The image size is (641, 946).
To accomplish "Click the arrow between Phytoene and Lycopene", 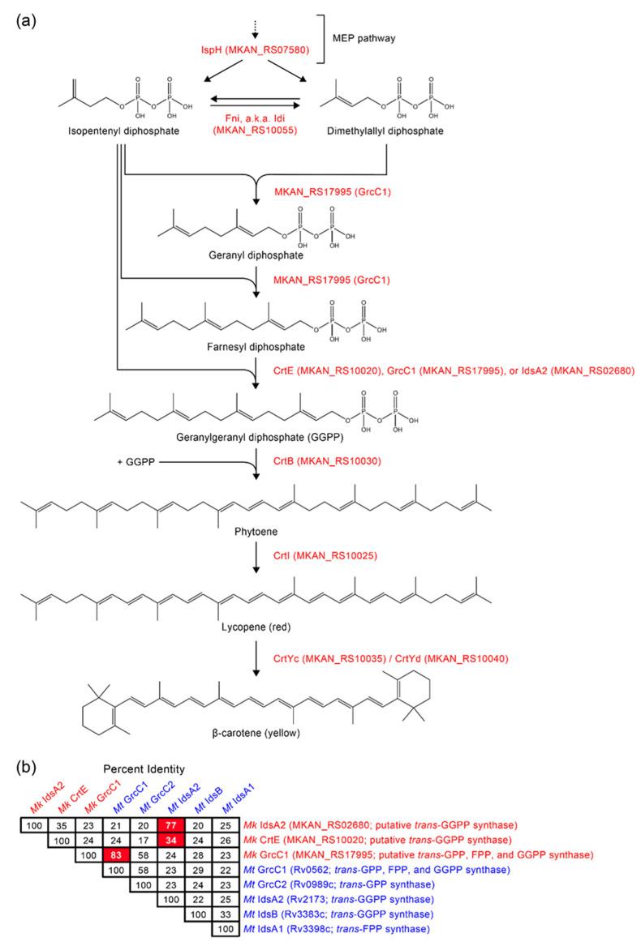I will (x=256, y=558).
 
